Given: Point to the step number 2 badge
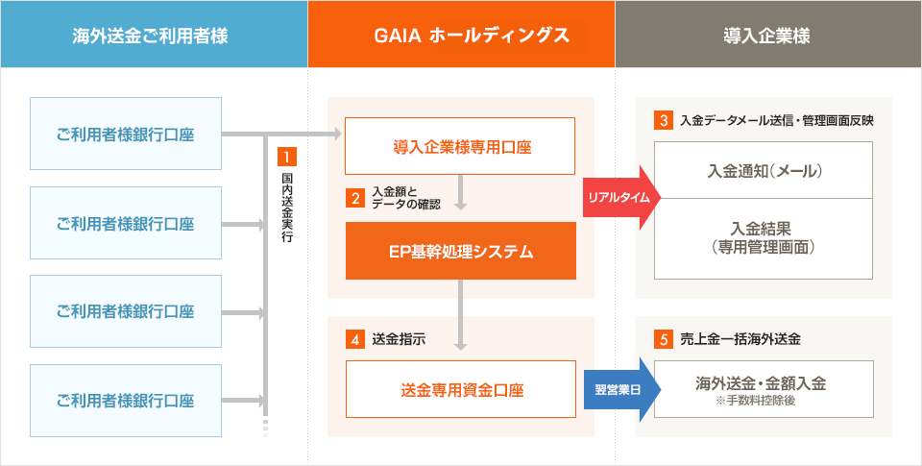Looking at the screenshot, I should point(355,199).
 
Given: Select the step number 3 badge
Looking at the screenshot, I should point(664,121).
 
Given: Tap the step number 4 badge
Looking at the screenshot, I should point(355,339).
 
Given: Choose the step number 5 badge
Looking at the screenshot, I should point(664,339).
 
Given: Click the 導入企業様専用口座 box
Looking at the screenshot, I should point(460,146).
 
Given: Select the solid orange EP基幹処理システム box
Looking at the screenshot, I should point(460,252).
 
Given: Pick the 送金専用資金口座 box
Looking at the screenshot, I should point(460,389).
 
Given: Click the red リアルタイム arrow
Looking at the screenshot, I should point(619,198).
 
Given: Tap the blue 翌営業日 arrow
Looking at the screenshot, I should point(619,389).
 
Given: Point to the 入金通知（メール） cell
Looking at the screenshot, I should point(764,170).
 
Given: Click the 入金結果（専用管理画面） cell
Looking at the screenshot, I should point(764,238).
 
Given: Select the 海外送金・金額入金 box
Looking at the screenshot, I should point(764,384).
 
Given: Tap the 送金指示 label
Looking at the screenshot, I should point(398,339).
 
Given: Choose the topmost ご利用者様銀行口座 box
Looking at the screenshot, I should point(126,134).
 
